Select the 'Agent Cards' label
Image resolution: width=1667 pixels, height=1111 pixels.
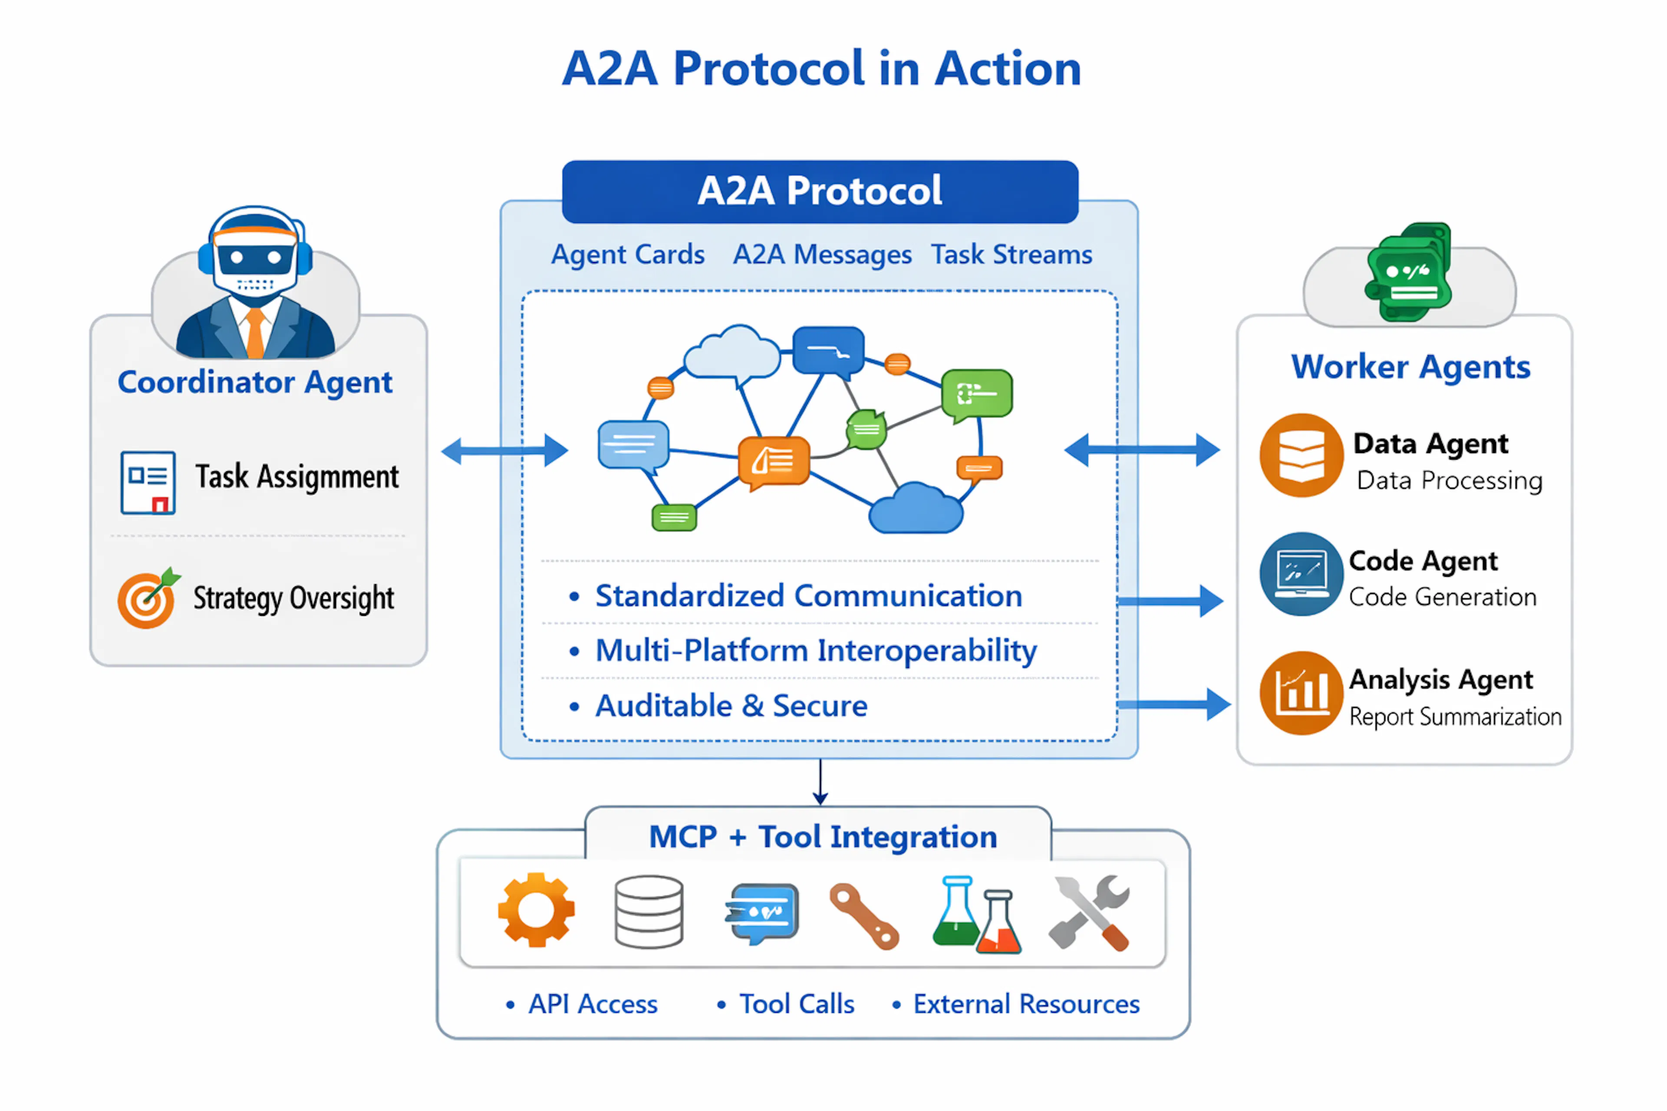pos(628,254)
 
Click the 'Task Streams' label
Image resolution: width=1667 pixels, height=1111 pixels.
pos(1011,254)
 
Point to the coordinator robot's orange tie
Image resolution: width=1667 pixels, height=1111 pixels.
pos(255,333)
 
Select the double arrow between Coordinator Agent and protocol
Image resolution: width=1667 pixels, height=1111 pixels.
pos(504,450)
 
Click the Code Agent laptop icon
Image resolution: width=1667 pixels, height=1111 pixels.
pos(1301,574)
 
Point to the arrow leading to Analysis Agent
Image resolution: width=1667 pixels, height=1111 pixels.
pos(1173,703)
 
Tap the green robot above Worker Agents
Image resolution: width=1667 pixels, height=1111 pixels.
pos(1409,273)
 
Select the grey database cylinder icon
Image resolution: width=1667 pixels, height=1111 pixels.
pos(649,911)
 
